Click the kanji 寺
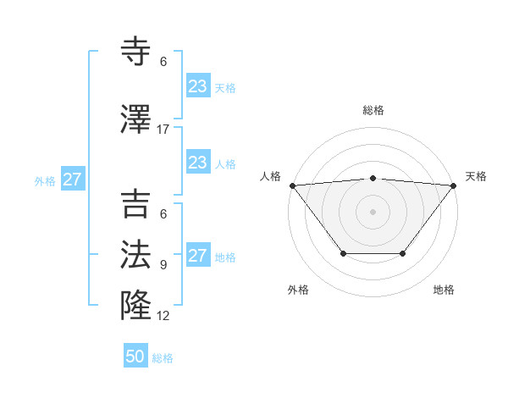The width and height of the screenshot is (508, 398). click(137, 53)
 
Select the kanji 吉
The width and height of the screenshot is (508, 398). click(137, 206)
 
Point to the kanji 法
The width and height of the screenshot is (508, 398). click(137, 255)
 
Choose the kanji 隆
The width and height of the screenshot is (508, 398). click(137, 303)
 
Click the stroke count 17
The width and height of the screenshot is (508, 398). click(163, 130)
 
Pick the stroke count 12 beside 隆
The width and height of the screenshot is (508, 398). click(163, 316)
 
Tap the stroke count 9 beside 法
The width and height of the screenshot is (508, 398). click(163, 265)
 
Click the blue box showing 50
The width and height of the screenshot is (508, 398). click(135, 357)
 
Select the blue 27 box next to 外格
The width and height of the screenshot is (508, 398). click(72, 180)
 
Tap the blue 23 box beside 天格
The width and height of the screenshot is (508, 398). click(197, 86)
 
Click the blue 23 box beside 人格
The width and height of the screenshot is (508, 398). click(197, 163)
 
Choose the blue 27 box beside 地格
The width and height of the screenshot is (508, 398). click(197, 256)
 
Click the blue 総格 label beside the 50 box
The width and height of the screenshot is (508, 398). click(163, 358)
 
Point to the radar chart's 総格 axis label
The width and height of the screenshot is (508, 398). click(373, 110)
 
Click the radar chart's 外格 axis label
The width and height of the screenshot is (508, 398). click(298, 290)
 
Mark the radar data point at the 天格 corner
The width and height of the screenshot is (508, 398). click(454, 185)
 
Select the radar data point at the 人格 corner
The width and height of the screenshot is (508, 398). click(292, 185)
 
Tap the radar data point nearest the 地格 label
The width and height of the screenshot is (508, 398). click(403, 253)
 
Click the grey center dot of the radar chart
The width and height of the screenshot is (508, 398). click(373, 212)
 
